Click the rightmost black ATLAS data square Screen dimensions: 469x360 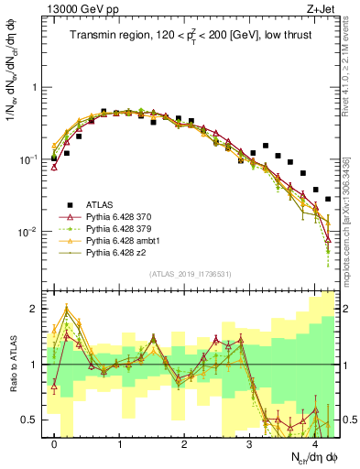pyautogui.click(x=328, y=199)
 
